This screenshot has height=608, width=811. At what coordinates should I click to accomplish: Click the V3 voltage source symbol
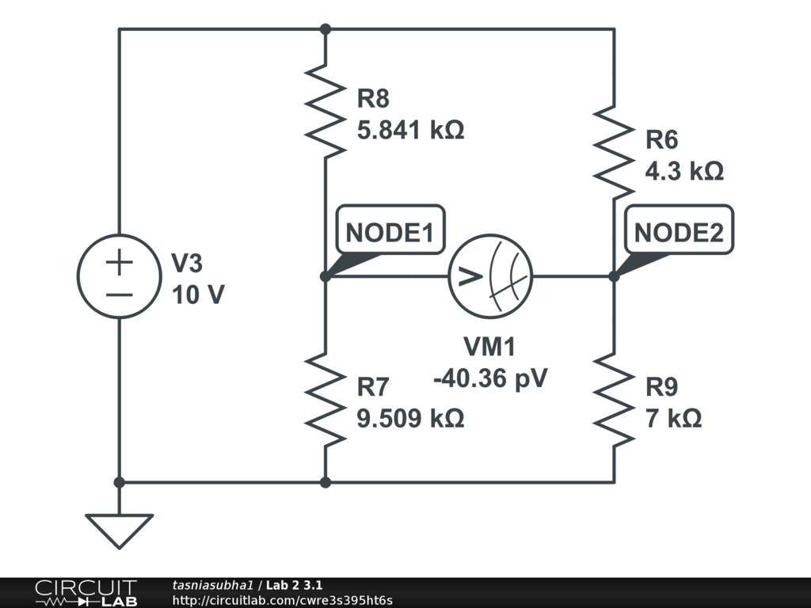pos(119,276)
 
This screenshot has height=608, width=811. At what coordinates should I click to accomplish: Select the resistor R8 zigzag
pos(325,110)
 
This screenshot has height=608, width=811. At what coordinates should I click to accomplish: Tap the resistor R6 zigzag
pos(614,151)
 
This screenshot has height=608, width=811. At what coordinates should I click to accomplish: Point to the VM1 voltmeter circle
pos(490,276)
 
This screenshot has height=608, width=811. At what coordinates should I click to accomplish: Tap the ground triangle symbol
pos(119,530)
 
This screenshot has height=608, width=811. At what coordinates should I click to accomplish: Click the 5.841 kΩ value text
pos(409,129)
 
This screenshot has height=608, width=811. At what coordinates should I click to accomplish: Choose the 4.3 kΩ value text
pos(684,171)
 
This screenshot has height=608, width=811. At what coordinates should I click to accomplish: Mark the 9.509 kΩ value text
pos(409,418)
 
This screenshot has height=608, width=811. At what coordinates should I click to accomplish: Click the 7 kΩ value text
pos(673,418)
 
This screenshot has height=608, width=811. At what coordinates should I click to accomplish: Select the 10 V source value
pos(198,294)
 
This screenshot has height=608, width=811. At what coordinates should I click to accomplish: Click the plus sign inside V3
pos(119,262)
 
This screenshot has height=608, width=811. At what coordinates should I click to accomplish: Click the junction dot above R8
pos(325,29)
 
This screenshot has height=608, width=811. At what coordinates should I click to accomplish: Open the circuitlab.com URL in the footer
pos(282,601)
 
